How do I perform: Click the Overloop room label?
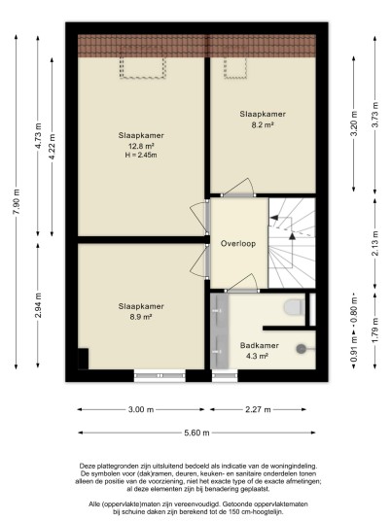(238, 244)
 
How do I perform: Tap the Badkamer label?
(260, 346)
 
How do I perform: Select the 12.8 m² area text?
(141, 146)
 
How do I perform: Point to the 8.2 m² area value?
(263, 125)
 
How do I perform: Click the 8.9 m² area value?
(141, 317)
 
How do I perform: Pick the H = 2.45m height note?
(141, 155)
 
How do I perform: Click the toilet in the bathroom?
(295, 307)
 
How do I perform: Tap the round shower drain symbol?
(302, 349)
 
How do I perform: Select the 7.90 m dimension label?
(16, 201)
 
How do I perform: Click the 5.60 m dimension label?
(196, 433)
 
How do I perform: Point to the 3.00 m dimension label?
(141, 409)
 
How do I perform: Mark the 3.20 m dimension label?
(354, 123)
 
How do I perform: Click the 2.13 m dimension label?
(375, 243)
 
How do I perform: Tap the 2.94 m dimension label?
(38, 305)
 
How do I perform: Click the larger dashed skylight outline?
(142, 78)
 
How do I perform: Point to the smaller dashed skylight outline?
(235, 78)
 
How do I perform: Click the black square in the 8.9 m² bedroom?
(83, 359)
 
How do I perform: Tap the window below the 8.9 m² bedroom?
(160, 375)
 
